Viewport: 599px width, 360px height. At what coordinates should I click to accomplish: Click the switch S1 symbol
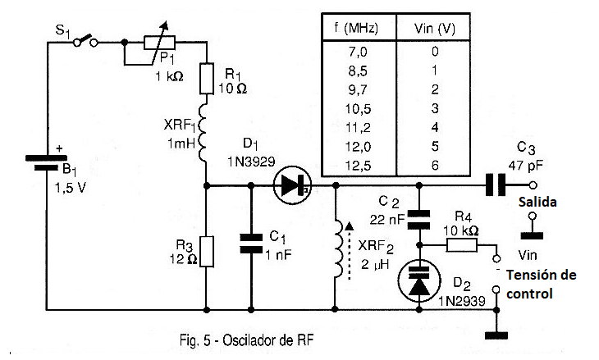pos(85,41)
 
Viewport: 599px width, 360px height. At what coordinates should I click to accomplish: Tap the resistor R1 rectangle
pos(207,79)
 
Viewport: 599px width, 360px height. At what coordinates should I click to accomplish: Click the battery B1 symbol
pos(46,162)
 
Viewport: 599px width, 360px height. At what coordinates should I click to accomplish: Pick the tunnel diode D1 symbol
pos(293,185)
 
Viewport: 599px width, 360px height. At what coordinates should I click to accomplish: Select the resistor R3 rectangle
pos(207,251)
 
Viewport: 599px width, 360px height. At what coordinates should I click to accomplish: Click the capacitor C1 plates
pos(251,244)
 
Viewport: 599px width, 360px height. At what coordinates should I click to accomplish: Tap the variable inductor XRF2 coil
pos(339,248)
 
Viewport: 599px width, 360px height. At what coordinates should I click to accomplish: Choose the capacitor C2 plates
pos(418,220)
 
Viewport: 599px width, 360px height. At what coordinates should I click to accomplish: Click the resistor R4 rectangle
pos(462,245)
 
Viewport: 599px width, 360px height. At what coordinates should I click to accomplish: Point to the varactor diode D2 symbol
pos(419,281)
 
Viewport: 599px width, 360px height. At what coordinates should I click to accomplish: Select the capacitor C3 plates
pos(496,185)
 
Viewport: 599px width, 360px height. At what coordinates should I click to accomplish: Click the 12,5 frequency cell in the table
pos(358,166)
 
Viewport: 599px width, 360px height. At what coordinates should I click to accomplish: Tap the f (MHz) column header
pos(356,28)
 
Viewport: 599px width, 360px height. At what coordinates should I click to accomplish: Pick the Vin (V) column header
pos(435,29)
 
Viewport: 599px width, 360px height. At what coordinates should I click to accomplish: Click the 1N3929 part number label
pos(251,162)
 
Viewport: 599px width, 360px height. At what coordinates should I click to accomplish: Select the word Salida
pos(537,202)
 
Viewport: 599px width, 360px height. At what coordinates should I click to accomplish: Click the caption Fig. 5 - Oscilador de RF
pos(246,339)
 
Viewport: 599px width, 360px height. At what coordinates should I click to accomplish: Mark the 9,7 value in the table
pos(358,89)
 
